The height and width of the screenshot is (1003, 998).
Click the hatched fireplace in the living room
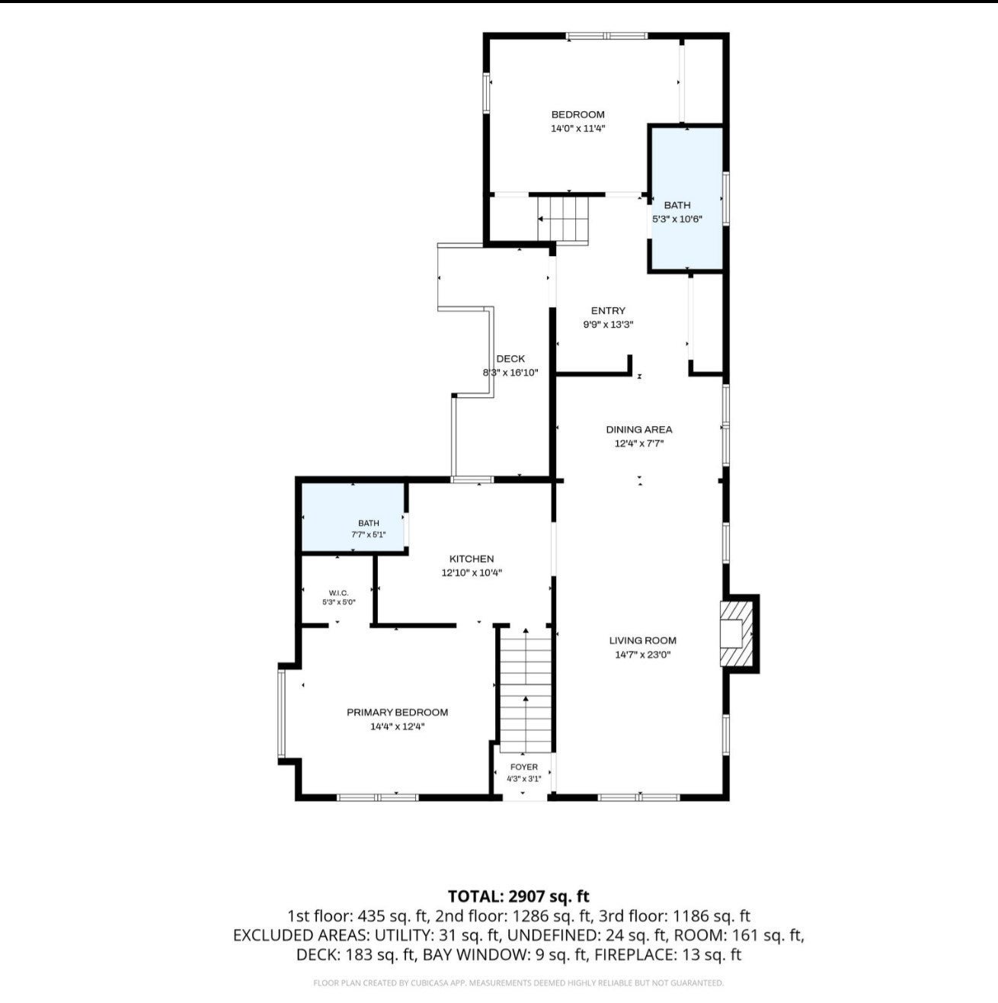(737, 634)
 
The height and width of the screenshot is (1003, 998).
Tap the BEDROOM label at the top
(577, 114)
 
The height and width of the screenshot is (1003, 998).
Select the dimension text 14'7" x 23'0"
(643, 655)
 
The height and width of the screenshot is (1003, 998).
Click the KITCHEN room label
(472, 559)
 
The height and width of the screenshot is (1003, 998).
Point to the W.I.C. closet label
(338, 593)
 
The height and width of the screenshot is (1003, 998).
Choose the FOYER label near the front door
(524, 767)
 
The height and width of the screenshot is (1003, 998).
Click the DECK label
(510, 359)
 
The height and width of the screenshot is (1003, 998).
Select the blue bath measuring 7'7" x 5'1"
(353, 518)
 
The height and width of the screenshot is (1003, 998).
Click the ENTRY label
(608, 311)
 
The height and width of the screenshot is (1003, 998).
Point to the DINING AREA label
(639, 429)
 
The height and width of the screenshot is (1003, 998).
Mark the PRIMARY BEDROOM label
(397, 712)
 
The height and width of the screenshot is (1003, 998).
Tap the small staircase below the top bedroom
(562, 219)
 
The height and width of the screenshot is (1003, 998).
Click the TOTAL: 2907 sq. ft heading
(519, 896)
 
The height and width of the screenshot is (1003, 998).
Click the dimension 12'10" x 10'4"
(472, 573)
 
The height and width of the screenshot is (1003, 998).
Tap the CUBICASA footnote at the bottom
(518, 983)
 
